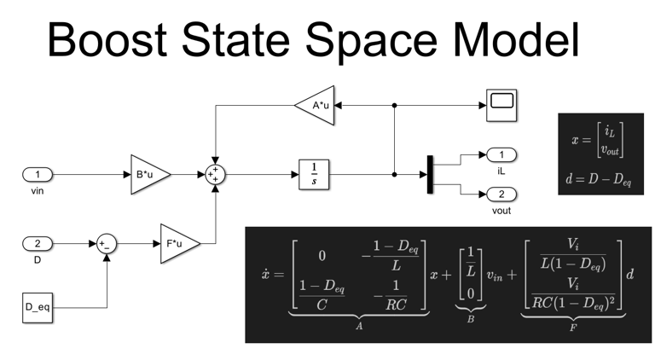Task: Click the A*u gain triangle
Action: [316, 106]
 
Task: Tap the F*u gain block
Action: [178, 244]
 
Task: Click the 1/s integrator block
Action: [314, 174]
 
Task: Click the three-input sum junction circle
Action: [215, 175]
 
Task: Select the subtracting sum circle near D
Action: [107, 244]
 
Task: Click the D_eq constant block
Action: [38, 306]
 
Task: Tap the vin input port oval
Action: [38, 175]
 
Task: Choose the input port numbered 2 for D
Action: [38, 244]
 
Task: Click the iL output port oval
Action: [501, 154]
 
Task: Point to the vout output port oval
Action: [501, 195]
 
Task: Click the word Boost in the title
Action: [116, 39]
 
